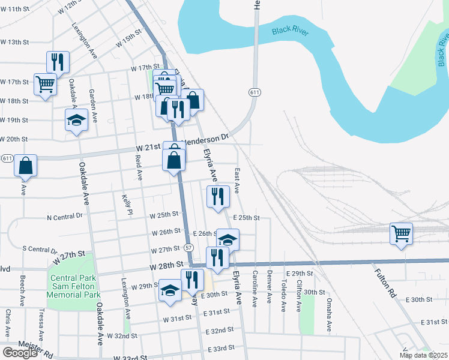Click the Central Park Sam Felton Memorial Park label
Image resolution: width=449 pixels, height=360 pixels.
[x=74, y=286]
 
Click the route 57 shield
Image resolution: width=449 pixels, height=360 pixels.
[x=188, y=247]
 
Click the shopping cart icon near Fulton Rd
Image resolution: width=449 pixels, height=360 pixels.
[x=401, y=233]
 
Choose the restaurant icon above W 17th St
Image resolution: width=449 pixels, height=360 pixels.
[x=58, y=61]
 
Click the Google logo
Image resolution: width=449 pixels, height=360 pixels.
[x=20, y=353]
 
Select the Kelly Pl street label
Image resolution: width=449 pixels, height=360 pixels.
[x=127, y=204]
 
